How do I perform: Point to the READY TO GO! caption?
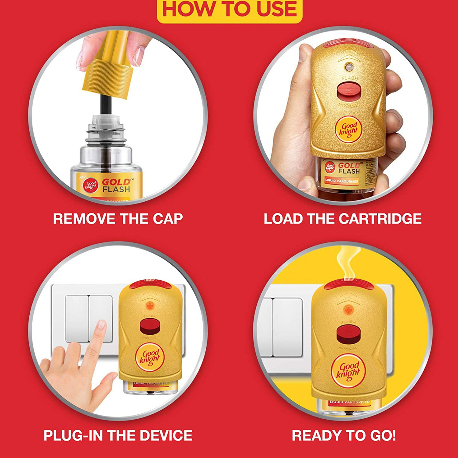click(x=344, y=435)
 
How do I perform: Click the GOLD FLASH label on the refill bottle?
click(x=116, y=186)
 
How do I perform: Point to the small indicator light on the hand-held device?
click(x=348, y=66)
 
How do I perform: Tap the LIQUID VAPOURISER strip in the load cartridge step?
click(x=341, y=181)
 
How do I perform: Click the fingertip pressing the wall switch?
click(x=101, y=325)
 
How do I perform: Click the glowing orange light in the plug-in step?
click(x=150, y=305)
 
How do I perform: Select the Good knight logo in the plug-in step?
click(x=150, y=357)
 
